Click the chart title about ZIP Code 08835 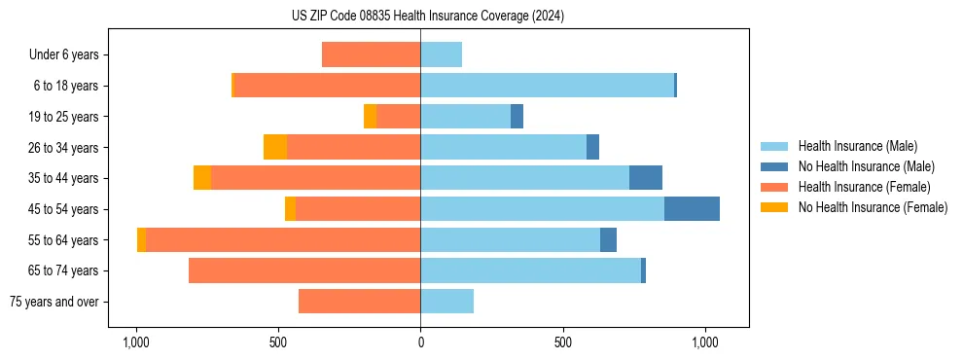427,16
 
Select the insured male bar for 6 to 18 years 547,86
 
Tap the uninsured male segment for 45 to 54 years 692,209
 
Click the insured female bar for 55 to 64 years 283,240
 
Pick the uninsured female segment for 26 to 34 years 275,148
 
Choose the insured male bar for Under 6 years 441,54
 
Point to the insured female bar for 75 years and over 359,302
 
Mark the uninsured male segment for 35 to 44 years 646,178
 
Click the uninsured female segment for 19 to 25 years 371,117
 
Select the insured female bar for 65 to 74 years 304,270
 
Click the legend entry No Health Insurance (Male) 866,166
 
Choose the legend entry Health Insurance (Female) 864,187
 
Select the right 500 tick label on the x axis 563,342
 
